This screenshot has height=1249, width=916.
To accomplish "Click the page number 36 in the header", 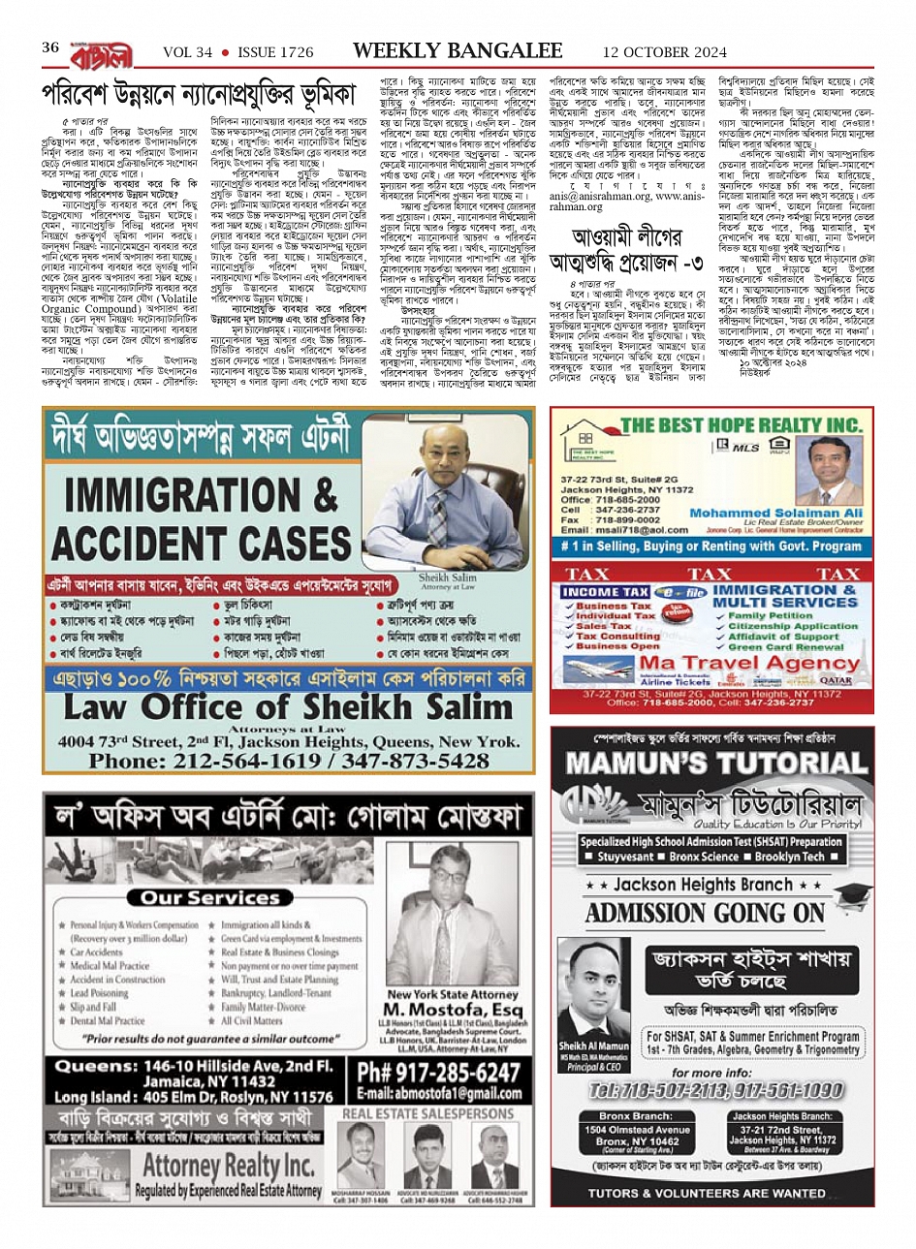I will click(50, 48).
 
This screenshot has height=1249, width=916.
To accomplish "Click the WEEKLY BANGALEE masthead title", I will click(457, 49).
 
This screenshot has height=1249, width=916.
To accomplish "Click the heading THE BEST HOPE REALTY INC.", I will click(742, 424).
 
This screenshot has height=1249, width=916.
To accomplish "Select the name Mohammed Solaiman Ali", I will click(775, 513).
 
